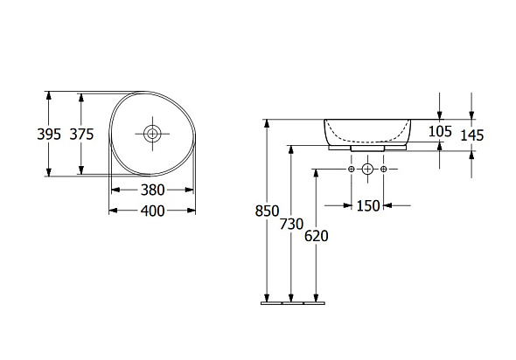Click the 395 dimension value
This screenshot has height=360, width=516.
49,135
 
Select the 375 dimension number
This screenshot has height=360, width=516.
81,135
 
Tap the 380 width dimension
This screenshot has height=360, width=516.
153,190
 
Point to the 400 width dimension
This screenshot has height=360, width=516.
153,211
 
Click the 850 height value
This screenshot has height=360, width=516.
267,211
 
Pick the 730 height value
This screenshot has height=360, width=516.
291,225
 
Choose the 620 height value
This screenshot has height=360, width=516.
317,236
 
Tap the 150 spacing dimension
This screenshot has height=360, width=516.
368,206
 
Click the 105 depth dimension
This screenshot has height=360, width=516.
440,132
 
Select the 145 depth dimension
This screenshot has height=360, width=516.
472,135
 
